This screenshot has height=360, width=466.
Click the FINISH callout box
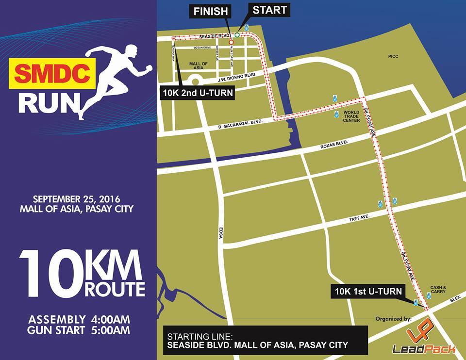[x=211, y=11]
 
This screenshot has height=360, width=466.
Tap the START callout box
[x=269, y=10]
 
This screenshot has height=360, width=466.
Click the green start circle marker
[x=237, y=35]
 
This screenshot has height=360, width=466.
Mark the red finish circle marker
[x=231, y=42]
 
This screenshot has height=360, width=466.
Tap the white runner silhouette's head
[x=130, y=50]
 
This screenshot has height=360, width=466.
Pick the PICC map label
[x=393, y=56]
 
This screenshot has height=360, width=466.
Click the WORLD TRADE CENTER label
[x=351, y=116]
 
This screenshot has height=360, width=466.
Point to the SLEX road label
[x=455, y=300]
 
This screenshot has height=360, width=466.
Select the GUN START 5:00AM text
[x=79, y=331]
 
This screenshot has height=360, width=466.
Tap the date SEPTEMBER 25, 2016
[x=76, y=199]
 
